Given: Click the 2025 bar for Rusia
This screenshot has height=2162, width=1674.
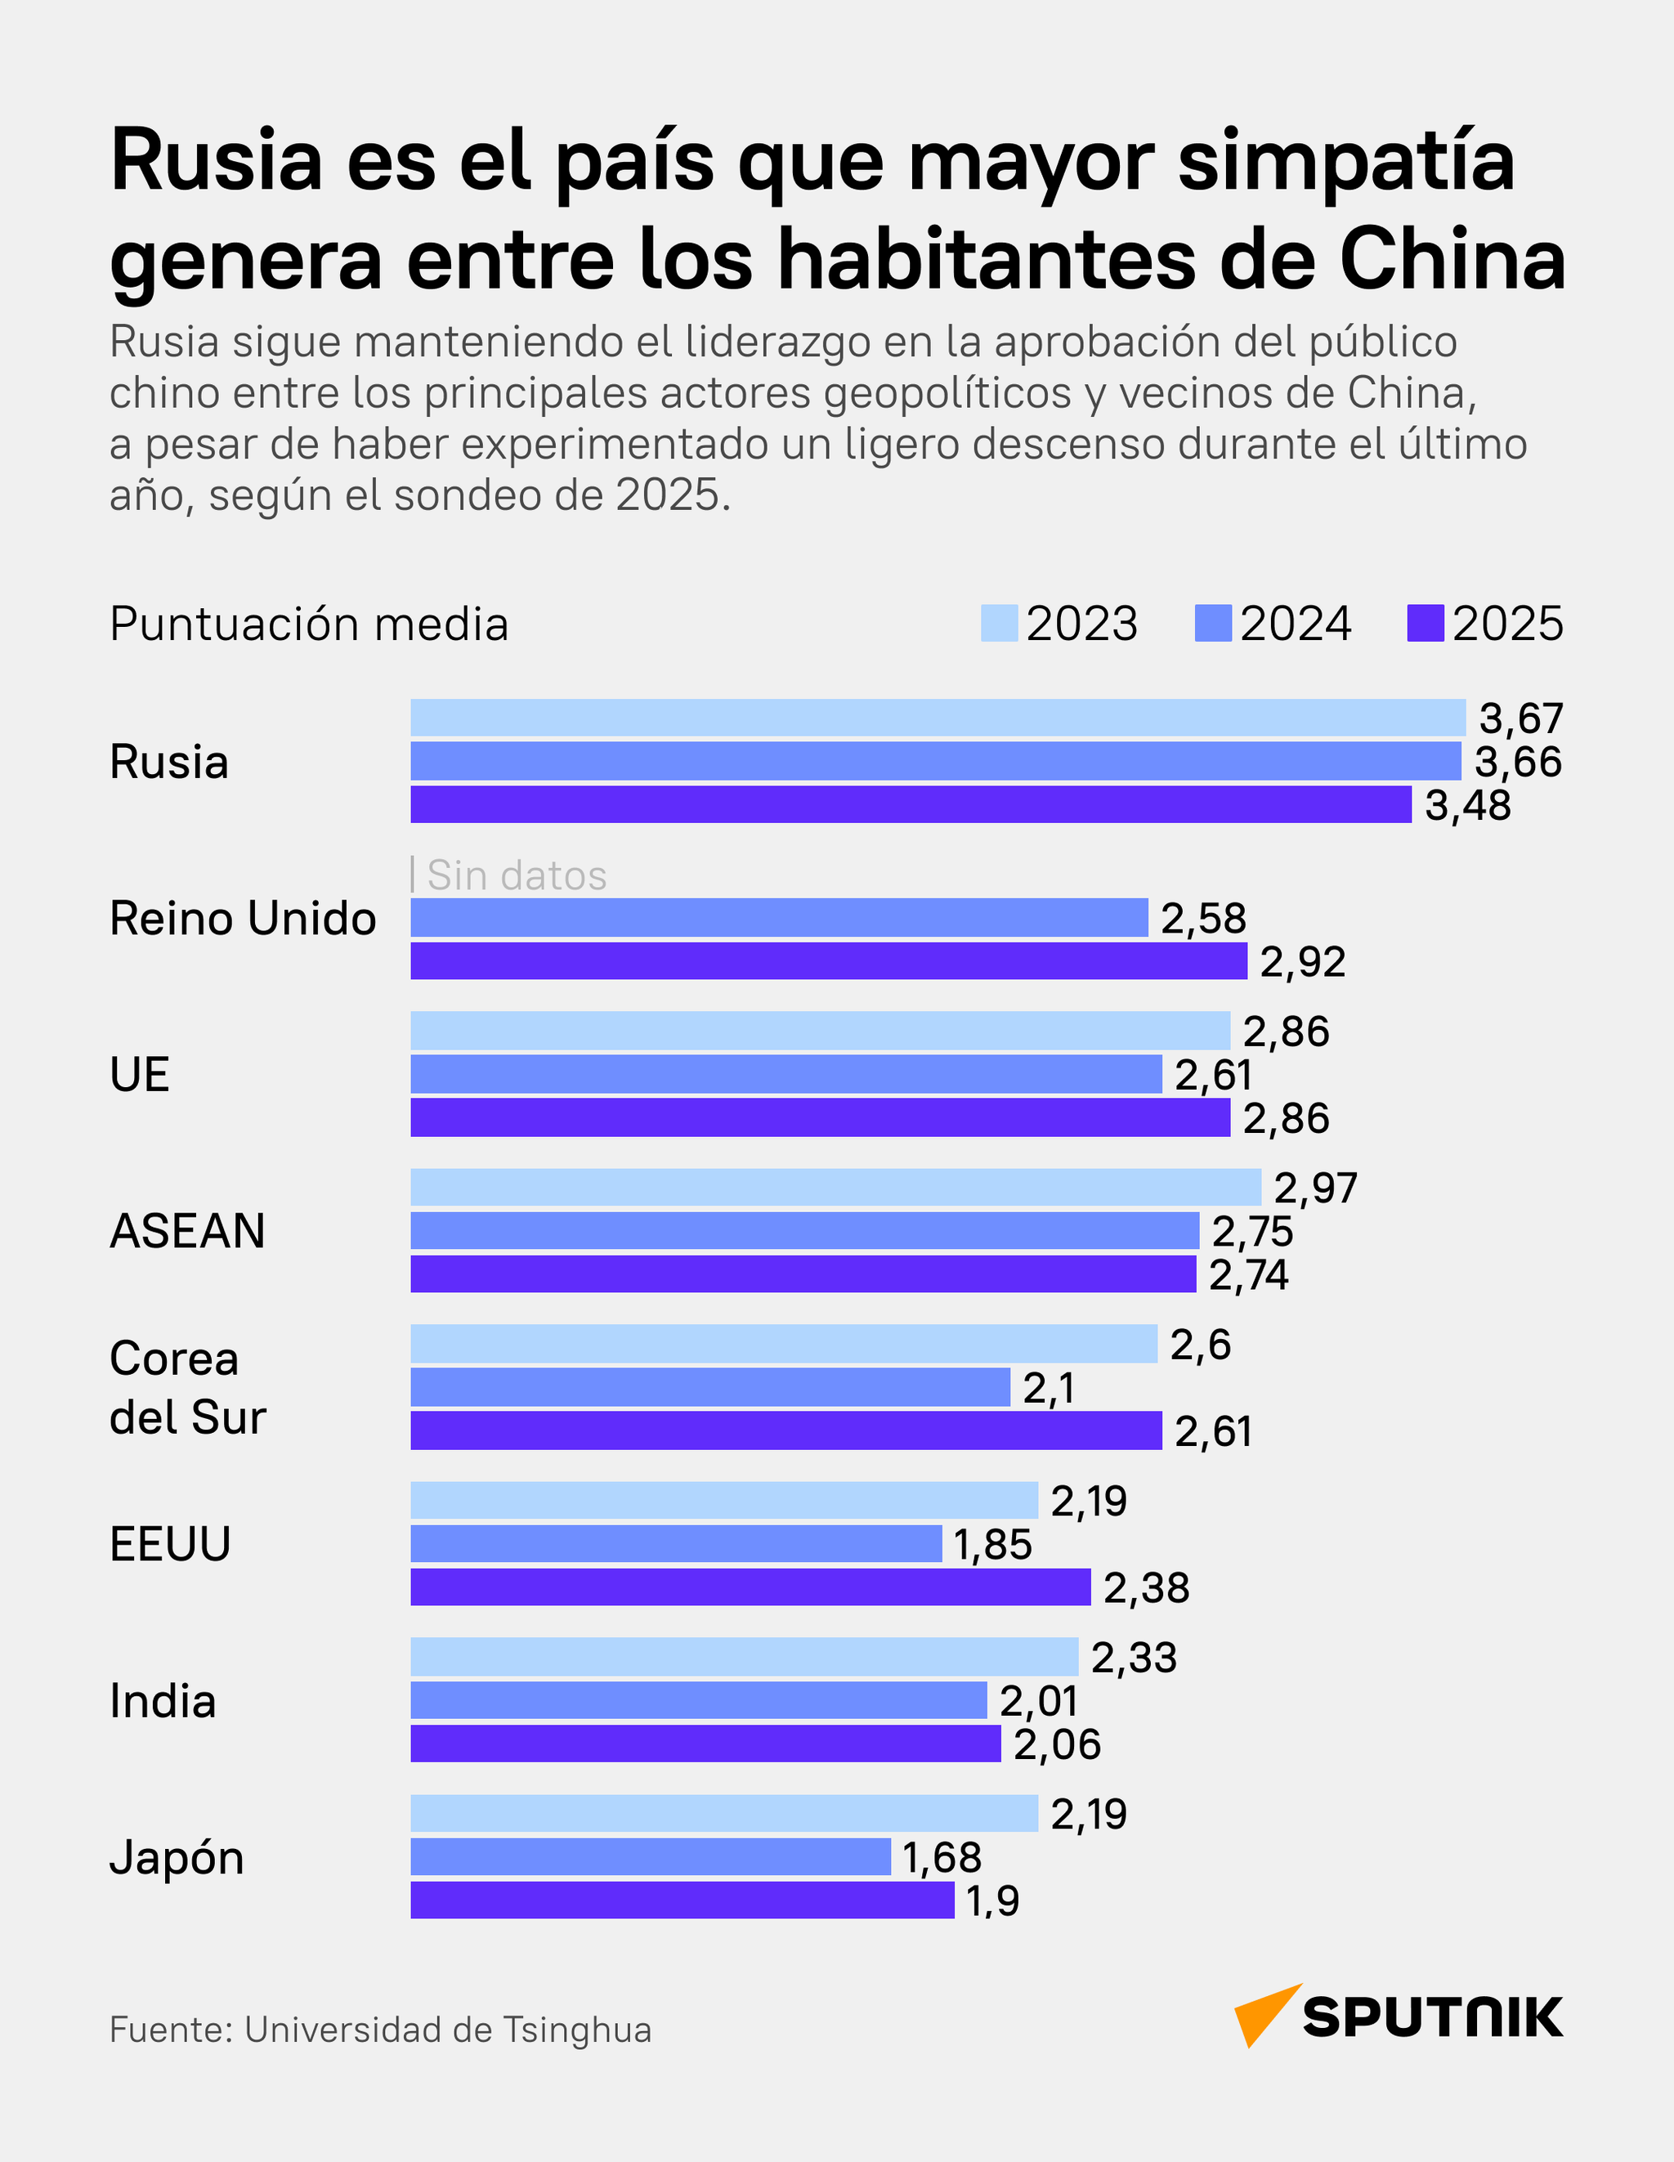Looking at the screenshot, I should click(x=911, y=803).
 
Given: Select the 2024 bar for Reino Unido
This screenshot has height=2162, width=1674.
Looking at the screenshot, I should click(x=779, y=918).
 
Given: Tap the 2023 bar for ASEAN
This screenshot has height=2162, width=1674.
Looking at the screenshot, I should click(x=835, y=1187).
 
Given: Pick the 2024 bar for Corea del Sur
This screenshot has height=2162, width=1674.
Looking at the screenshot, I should click(x=709, y=1387).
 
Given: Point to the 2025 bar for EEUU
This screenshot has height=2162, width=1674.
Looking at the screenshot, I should click(x=750, y=1587).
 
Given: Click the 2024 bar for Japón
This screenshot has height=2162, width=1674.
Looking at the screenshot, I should click(x=651, y=1856).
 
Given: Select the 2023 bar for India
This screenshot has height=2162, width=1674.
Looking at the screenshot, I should click(x=745, y=1656).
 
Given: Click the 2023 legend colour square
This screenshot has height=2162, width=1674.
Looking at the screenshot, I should click(x=999, y=624).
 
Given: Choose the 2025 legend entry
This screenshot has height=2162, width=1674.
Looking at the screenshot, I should click(x=1485, y=624).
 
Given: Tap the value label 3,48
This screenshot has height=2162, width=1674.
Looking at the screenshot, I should click(x=1468, y=806).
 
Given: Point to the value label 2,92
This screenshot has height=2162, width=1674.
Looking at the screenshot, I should click(x=1303, y=962).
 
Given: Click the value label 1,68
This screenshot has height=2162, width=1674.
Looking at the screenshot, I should click(x=942, y=1857).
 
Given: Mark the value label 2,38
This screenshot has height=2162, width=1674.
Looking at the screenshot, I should click(x=1146, y=1588).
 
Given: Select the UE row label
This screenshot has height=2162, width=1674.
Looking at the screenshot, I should click(x=140, y=1074).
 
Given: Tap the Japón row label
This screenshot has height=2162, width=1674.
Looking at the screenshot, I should click(x=177, y=1857).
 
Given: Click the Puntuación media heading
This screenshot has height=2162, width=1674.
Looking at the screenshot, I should click(x=309, y=624).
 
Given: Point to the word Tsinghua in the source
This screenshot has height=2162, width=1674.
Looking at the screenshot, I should click(x=577, y=2030).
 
